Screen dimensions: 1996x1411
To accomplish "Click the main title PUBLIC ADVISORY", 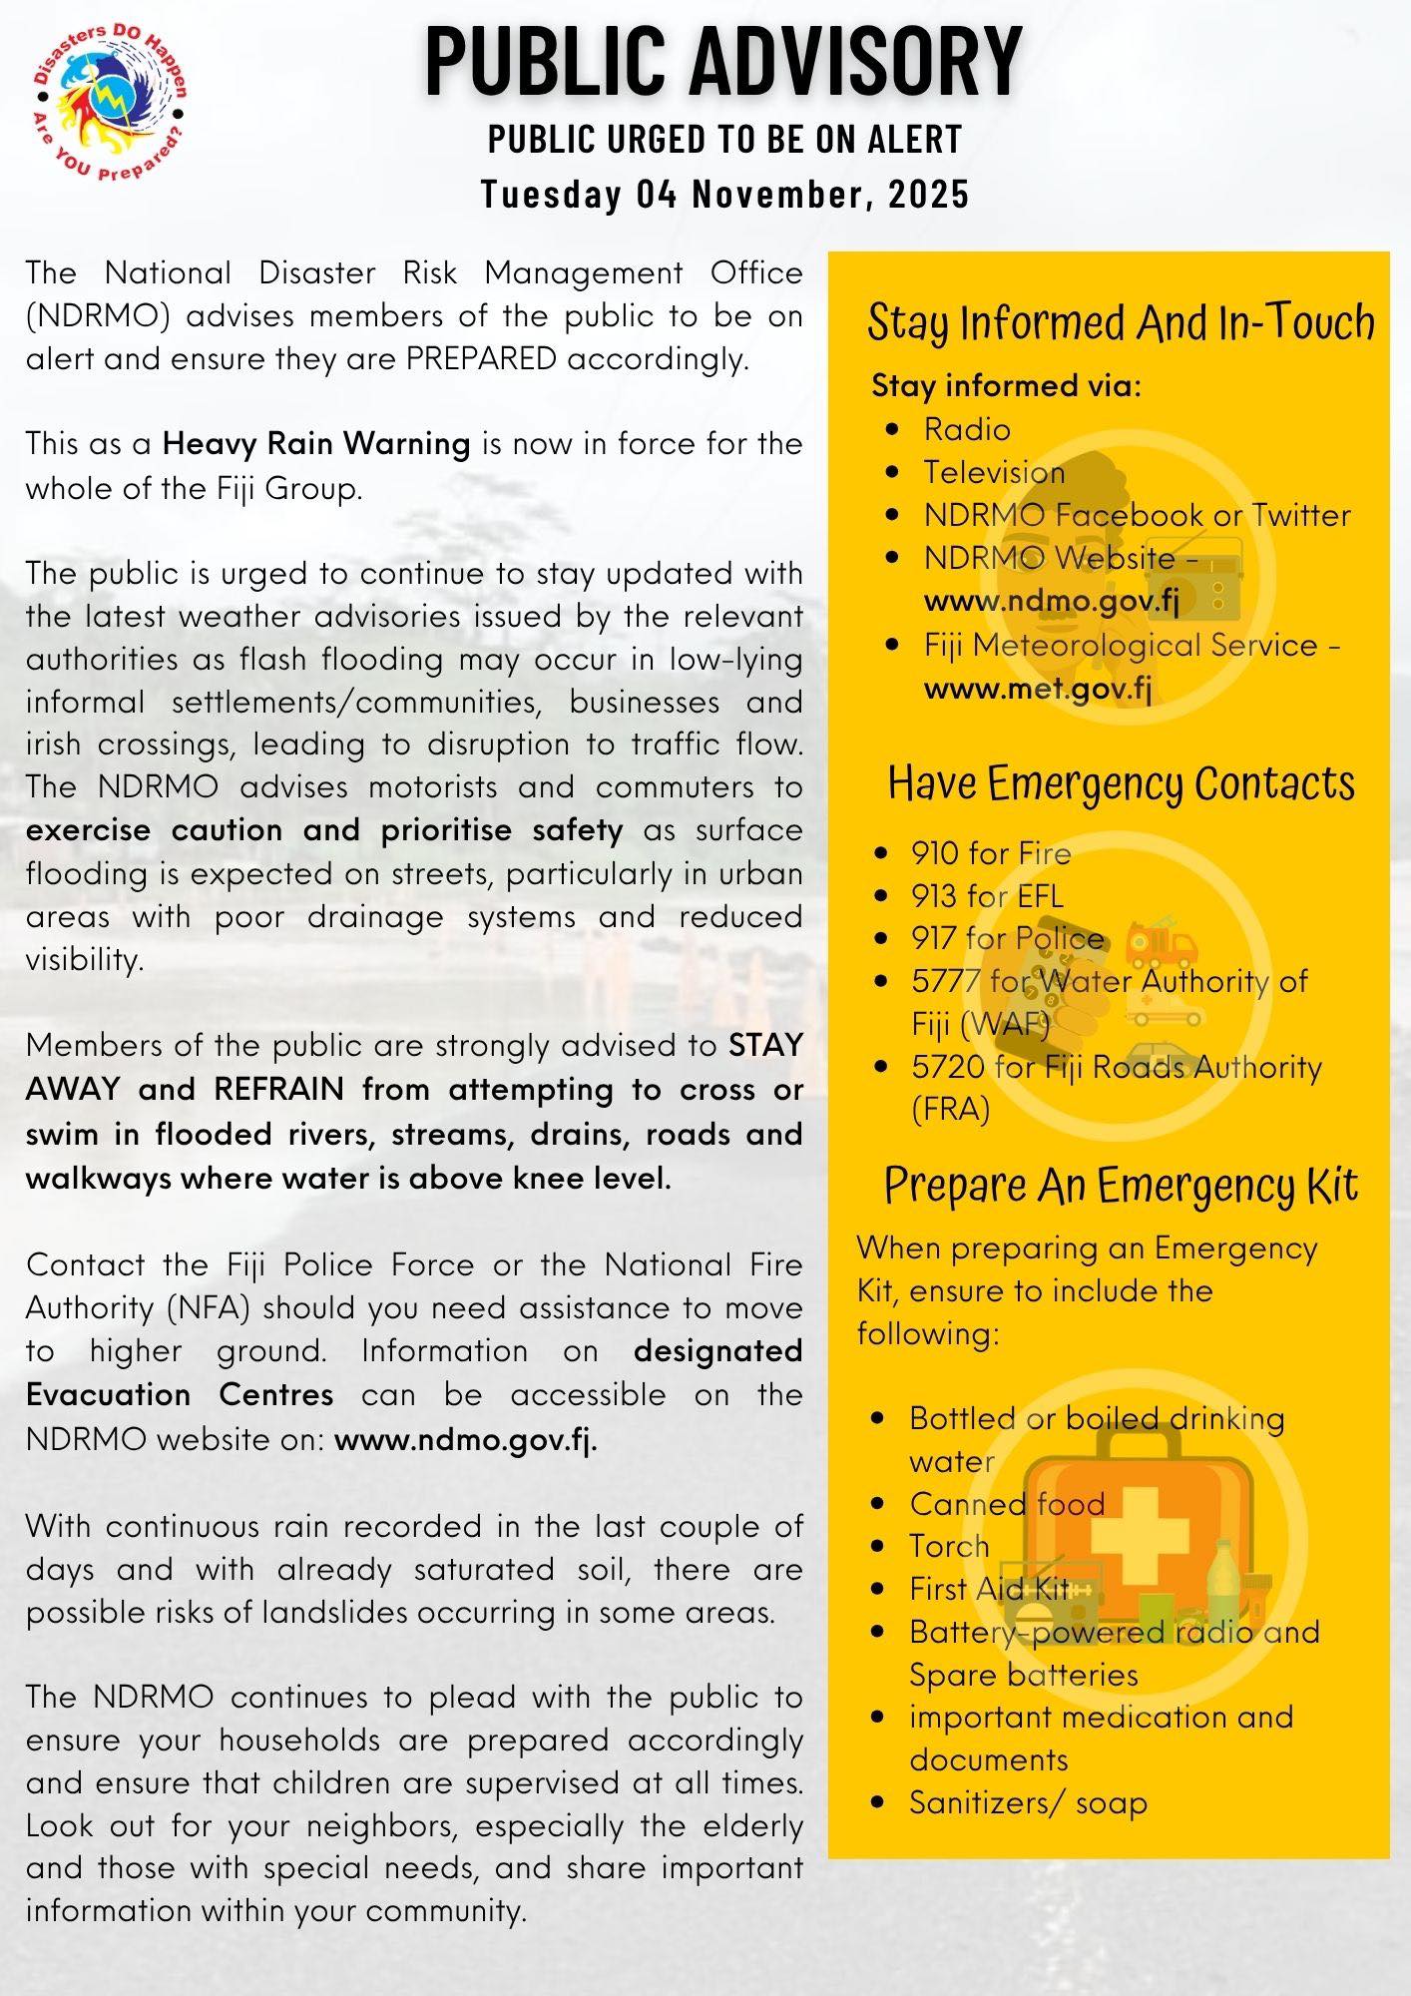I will pyautogui.click(x=723, y=62).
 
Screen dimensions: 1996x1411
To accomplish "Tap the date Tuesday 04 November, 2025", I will pyautogui.click(x=724, y=194).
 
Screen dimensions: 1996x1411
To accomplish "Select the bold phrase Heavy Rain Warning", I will pyautogui.click(x=316, y=443).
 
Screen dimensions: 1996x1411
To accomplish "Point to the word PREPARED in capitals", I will pyautogui.click(x=481, y=359).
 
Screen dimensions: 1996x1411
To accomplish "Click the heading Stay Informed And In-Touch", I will pyautogui.click(x=1120, y=322).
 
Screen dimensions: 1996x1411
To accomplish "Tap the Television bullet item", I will pyautogui.click(x=993, y=472).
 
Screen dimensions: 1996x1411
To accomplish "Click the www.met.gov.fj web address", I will pyautogui.click(x=1038, y=689).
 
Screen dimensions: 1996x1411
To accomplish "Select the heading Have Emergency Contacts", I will pyautogui.click(x=1121, y=783).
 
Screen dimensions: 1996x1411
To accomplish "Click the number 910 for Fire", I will pyautogui.click(x=934, y=853).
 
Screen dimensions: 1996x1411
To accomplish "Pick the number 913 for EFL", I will pyautogui.click(x=934, y=896).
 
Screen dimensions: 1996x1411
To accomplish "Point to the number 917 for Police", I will pyautogui.click(x=934, y=938).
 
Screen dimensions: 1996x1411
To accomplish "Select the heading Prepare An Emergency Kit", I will pyautogui.click(x=1121, y=1186).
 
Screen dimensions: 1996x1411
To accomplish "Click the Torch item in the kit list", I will pyautogui.click(x=948, y=1546).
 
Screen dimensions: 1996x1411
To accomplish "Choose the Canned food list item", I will pyautogui.click(x=1006, y=1504).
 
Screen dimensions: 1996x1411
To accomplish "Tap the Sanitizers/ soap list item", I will pyautogui.click(x=1028, y=1802).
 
